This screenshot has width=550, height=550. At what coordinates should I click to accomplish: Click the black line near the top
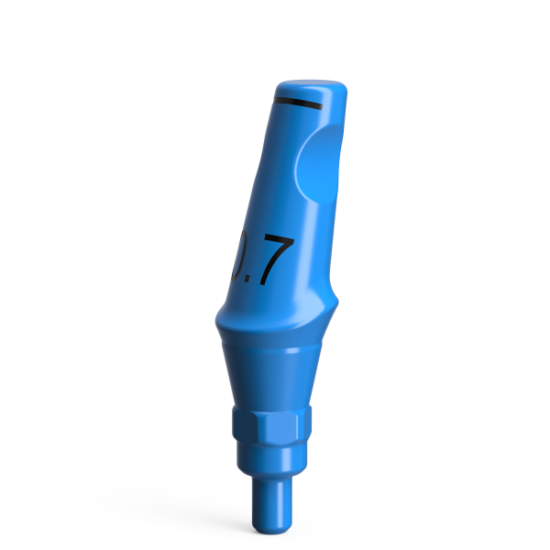click(298, 103)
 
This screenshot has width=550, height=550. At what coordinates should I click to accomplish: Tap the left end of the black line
click(278, 99)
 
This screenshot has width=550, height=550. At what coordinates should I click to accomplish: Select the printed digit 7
click(275, 261)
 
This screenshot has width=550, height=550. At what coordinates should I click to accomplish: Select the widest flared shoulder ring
click(275, 321)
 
